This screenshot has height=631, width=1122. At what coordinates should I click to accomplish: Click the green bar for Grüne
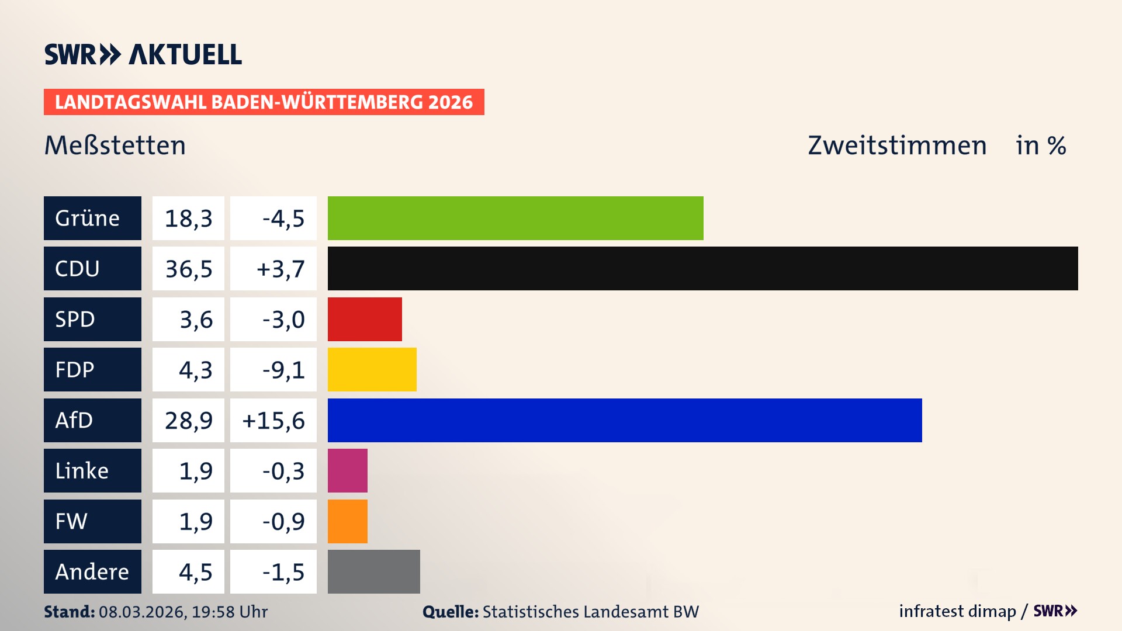point(515,218)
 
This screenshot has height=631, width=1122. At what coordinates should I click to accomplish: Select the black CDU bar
point(702,268)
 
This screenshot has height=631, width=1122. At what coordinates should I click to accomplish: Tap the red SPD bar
point(365,319)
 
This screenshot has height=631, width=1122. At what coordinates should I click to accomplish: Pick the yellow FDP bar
point(372,369)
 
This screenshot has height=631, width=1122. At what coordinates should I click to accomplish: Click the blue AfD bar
point(625,420)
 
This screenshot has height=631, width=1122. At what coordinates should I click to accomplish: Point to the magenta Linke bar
point(347,470)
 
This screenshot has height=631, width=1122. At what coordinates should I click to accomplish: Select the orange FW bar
point(347,521)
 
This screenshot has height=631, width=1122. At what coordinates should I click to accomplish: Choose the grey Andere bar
point(373,571)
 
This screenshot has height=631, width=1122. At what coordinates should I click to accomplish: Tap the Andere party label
point(92,571)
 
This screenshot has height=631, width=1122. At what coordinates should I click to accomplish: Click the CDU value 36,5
point(188,269)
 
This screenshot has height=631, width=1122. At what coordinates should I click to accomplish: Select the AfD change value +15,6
point(273,421)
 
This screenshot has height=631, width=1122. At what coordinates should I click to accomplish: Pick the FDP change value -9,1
point(283,370)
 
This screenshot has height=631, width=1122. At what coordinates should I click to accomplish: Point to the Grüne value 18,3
point(188,219)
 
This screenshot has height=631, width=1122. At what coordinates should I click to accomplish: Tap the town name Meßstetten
point(115,145)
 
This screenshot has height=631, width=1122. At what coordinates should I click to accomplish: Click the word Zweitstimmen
point(897,145)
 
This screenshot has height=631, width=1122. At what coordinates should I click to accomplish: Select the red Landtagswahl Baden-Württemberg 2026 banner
point(264,102)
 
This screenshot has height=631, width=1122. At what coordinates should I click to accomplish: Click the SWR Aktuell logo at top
point(143,54)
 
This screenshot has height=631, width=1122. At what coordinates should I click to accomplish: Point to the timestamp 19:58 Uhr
point(230,612)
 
